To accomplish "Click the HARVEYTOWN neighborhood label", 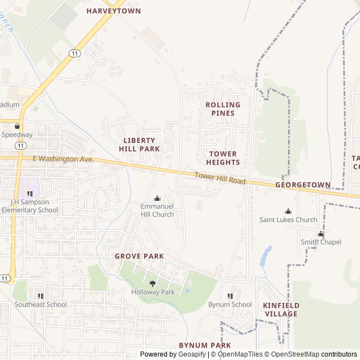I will (114, 11).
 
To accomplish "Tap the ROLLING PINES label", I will (223, 109).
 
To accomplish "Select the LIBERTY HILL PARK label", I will (139, 145).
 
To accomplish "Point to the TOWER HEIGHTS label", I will (223, 158).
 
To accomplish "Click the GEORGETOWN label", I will (303, 184).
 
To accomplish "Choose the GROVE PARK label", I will (139, 256).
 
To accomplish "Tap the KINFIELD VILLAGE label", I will (281, 309).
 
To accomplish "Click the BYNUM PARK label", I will (205, 345).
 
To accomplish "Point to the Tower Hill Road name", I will (220, 178).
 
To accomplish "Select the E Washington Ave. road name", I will (63, 159).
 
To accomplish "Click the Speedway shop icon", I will (17, 127).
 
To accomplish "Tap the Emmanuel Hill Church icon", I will (157, 198).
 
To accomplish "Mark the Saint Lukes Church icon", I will (288, 211).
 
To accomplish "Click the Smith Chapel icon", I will (321, 234).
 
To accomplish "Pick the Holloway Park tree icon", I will (152, 283).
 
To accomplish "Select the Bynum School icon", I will (230, 296).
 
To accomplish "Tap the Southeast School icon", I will (40, 296).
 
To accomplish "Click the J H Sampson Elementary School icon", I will (30, 193).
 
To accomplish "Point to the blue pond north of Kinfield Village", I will (265, 256).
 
